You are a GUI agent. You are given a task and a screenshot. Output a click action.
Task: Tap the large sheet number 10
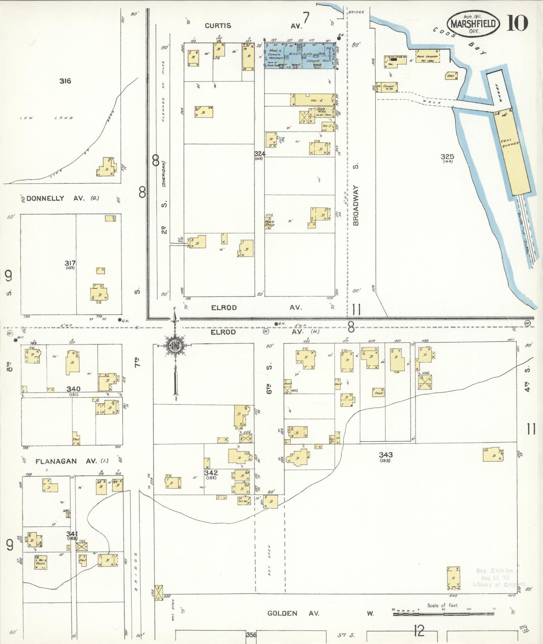517,23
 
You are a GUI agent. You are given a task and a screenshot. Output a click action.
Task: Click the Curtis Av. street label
218,26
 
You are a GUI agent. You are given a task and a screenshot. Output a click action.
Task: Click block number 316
65,81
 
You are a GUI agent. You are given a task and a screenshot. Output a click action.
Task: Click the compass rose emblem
175,345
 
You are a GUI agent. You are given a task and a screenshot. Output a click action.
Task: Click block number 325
447,157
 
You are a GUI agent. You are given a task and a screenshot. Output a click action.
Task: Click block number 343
386,455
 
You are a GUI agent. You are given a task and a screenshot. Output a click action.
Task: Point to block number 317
70,263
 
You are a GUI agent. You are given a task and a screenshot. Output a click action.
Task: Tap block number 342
211,473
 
